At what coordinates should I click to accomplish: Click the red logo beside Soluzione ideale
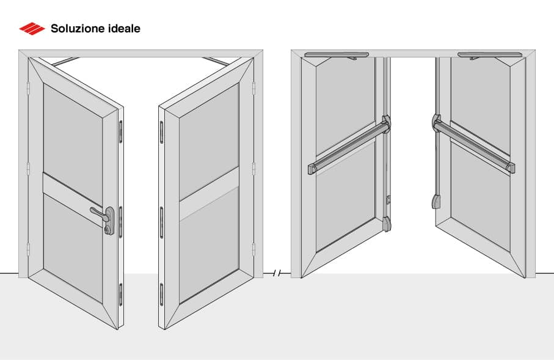(32, 28)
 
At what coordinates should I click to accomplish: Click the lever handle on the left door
(101, 213)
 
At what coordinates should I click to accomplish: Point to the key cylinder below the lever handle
(109, 230)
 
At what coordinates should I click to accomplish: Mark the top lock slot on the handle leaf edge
(120, 130)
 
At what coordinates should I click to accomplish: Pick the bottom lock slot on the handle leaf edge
(121, 294)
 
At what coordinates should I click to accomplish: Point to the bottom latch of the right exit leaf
(436, 202)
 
